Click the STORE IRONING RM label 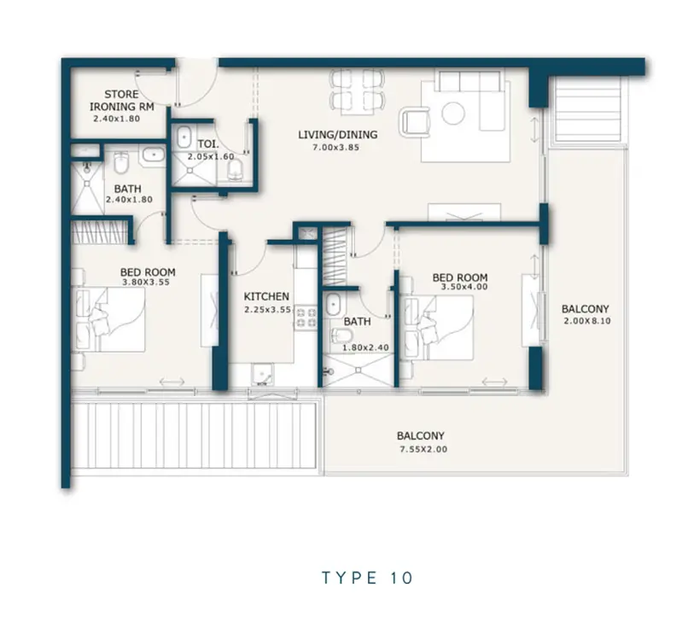point(122,101)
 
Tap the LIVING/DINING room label point(337,135)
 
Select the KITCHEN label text point(266,296)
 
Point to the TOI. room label point(208,144)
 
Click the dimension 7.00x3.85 point(335,148)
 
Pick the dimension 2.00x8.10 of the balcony point(587,321)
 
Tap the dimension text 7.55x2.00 point(423,449)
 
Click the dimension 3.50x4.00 point(464,287)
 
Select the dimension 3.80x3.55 point(146,283)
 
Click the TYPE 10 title point(367,578)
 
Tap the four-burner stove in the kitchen point(306,317)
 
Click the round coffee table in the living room point(453,113)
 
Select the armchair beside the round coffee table point(415,121)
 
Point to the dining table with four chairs point(357,91)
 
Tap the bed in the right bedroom point(437,328)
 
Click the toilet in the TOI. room point(235,170)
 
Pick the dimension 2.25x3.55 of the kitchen point(267,310)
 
